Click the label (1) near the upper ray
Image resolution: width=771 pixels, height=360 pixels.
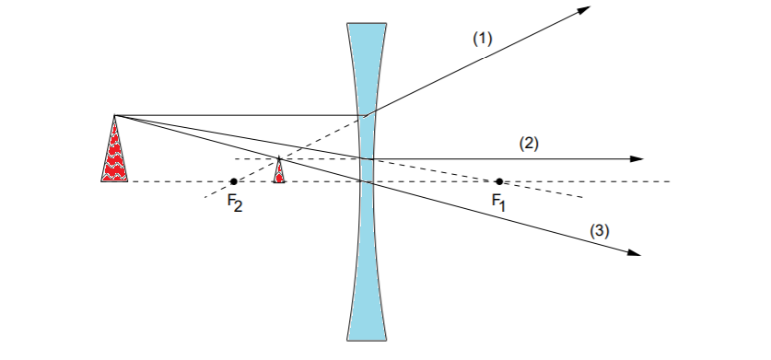(x=484, y=40)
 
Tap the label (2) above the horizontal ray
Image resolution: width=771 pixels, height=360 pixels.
(x=528, y=143)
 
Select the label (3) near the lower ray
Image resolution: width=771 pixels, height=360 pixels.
(x=601, y=232)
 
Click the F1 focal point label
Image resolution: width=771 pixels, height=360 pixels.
(x=498, y=202)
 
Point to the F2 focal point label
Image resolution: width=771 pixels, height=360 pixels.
(x=235, y=203)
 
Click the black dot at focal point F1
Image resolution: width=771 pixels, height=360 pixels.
(x=499, y=181)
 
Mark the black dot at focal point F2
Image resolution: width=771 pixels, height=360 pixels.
(x=234, y=181)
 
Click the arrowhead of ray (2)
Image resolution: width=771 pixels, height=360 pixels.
(x=637, y=159)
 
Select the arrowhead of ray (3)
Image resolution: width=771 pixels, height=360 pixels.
(x=634, y=253)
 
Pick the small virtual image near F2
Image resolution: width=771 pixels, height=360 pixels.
(x=279, y=172)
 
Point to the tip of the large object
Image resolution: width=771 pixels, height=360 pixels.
(x=114, y=116)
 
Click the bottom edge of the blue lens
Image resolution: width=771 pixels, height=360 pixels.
(x=367, y=337)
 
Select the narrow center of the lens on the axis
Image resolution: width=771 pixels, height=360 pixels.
(x=367, y=181)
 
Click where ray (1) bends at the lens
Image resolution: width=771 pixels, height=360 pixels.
(x=367, y=115)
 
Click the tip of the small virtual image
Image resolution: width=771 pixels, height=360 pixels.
(x=279, y=158)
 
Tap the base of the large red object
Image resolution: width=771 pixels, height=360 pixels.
(x=115, y=180)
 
